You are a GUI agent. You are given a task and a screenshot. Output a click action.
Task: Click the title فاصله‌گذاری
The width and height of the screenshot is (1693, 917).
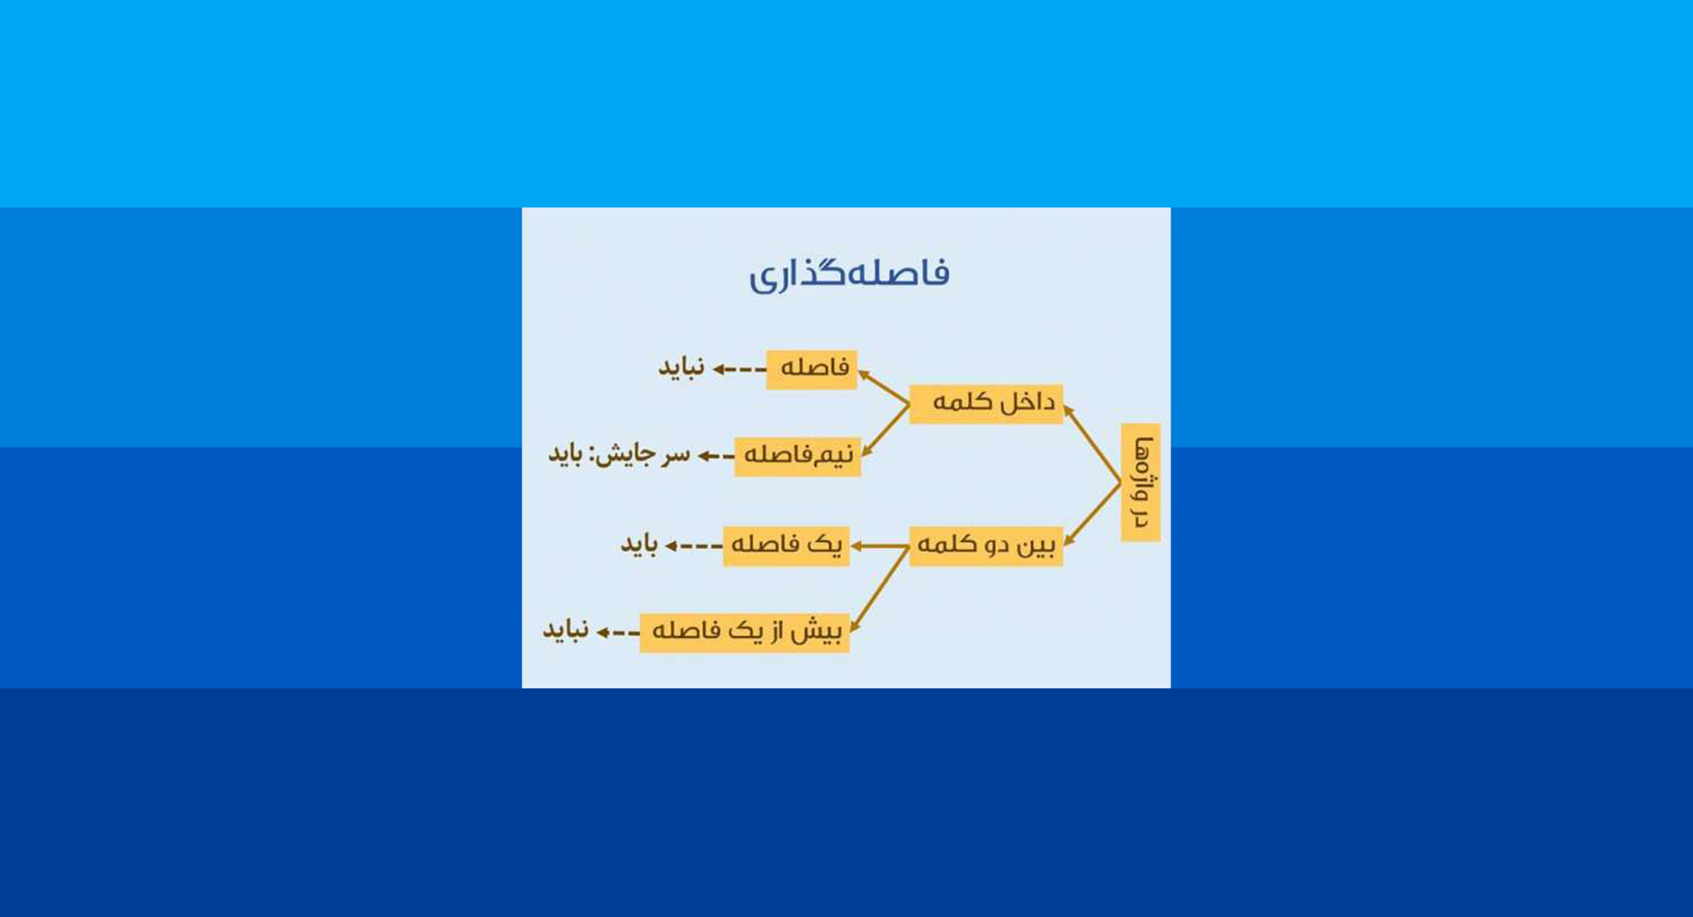click(848, 274)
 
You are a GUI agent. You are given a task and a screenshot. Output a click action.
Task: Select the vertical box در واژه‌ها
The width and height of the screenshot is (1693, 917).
click(1141, 483)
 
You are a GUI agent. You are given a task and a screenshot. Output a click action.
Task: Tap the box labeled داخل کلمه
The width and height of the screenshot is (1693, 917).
click(986, 403)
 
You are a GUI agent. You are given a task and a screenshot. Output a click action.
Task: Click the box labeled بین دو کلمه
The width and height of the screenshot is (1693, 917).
click(986, 545)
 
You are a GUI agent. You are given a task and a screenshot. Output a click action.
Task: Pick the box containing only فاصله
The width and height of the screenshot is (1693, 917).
click(811, 369)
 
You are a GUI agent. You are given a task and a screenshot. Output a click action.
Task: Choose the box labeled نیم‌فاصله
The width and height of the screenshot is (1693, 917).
click(798, 456)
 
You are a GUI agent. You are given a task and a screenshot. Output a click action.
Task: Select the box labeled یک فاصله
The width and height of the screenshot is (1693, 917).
click(786, 545)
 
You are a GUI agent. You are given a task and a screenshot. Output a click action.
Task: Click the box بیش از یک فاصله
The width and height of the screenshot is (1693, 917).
click(745, 633)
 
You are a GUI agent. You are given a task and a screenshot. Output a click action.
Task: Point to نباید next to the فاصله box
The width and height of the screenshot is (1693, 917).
click(681, 368)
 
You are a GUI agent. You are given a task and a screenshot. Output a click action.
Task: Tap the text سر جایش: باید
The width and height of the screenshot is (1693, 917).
click(619, 455)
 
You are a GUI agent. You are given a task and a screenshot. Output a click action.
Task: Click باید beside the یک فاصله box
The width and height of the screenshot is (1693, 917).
click(639, 545)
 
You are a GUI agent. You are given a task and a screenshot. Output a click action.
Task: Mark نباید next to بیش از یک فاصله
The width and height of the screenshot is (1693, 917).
click(565, 631)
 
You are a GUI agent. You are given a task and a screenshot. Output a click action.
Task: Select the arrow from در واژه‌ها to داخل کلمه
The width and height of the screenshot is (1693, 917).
click(1092, 444)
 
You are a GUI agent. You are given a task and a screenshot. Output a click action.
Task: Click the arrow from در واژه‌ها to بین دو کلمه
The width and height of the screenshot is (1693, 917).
click(1092, 514)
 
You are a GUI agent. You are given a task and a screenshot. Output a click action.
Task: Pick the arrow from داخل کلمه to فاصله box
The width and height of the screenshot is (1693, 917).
click(884, 388)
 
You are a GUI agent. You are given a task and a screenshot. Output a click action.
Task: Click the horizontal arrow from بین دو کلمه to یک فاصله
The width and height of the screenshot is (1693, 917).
click(880, 546)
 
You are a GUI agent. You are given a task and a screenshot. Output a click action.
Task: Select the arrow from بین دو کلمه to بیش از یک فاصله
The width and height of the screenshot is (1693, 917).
click(880, 588)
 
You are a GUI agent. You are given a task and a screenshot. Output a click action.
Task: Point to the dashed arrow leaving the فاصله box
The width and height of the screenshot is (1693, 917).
click(739, 370)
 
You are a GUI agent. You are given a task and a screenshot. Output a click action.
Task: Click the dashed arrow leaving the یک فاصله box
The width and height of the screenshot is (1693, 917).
click(694, 546)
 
